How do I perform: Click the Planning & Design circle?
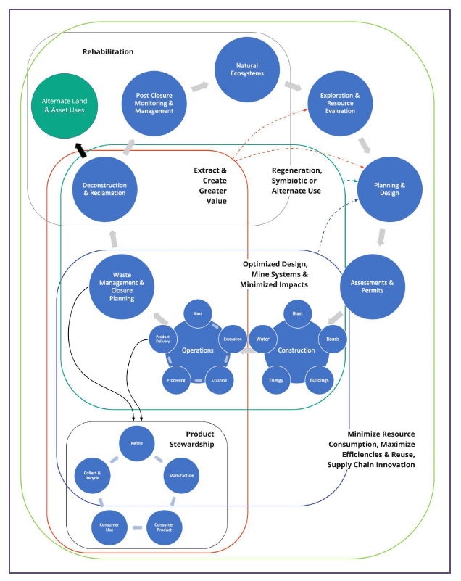click(389, 189)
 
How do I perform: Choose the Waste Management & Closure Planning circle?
click(122, 285)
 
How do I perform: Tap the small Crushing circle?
click(220, 379)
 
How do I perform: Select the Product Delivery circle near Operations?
click(163, 338)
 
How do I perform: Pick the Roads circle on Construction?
click(333, 338)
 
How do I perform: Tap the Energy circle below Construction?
click(276, 379)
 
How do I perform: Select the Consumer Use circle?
click(104, 525)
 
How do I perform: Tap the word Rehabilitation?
click(107, 52)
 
